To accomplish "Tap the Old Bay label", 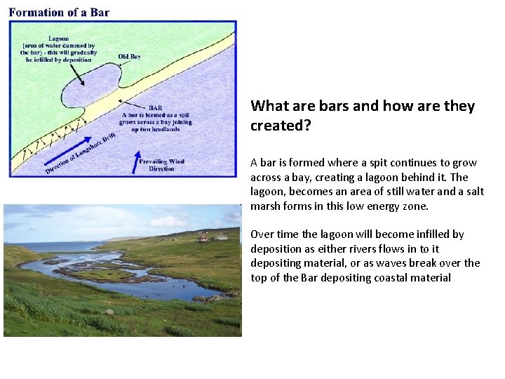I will click(x=129, y=56).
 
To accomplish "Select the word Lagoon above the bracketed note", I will click(x=59, y=38).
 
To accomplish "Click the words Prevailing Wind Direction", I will click(x=161, y=166).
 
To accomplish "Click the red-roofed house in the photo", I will click(x=203, y=239).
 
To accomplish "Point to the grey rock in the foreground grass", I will click(x=108, y=311).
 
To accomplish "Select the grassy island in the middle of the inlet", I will click(x=105, y=273).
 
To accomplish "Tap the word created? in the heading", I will click(x=280, y=126).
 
